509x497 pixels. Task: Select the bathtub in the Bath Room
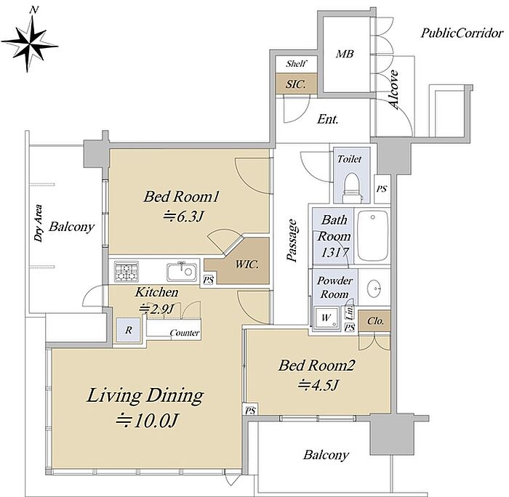click(372, 235)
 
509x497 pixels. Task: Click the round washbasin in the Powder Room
click(374, 288)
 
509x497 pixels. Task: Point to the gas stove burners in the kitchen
click(127, 271)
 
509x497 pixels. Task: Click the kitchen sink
click(182, 272)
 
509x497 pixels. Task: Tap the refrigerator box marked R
click(129, 330)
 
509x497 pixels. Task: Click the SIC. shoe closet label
click(296, 84)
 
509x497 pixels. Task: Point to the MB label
click(345, 54)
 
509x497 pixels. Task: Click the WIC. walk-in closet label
click(247, 264)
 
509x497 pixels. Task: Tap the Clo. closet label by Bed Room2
click(375, 321)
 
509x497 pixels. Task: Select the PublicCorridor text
click(462, 33)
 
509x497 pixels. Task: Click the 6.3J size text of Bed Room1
click(184, 216)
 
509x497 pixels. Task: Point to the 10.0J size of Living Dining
click(147, 421)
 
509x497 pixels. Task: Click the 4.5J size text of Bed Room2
click(318, 385)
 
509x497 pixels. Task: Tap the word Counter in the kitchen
click(185, 333)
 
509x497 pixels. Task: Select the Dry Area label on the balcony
click(39, 223)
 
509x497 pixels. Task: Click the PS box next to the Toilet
click(382, 188)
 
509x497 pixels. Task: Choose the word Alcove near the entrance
click(393, 89)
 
